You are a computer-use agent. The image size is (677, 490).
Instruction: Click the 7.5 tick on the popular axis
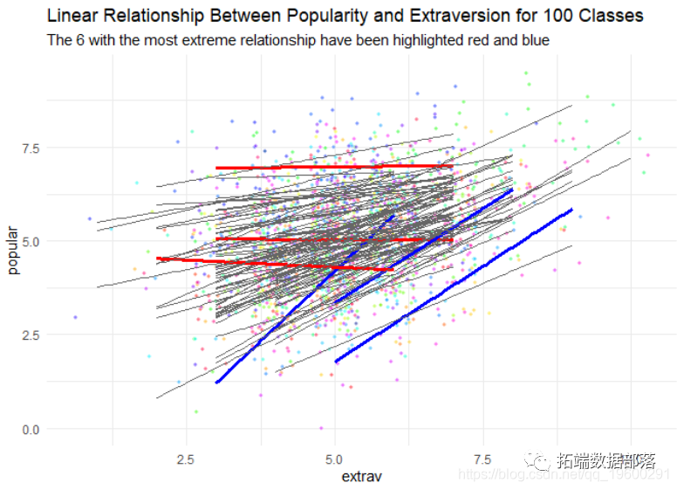[30, 149]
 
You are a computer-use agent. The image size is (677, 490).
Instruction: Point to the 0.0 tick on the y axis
[30, 429]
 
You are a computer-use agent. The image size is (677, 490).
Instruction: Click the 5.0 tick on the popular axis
[30, 241]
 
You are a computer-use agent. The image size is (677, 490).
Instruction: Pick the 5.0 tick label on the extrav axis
[336, 459]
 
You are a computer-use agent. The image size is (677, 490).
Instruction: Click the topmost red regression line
[332, 167]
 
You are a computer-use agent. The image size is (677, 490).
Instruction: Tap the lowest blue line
[454, 285]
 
